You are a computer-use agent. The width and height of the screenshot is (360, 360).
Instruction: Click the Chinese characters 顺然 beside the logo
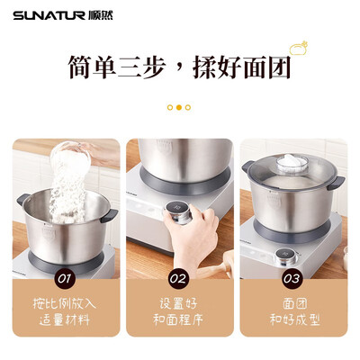(x=102, y=15)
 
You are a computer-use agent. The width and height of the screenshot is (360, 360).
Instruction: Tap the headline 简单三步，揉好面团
(x=179, y=67)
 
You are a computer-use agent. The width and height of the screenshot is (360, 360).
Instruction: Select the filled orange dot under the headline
(x=179, y=107)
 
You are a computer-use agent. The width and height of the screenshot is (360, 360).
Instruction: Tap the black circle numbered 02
(x=179, y=278)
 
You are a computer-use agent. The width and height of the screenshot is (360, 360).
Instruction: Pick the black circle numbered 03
(x=291, y=278)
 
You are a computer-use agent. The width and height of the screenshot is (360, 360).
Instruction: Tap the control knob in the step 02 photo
(x=176, y=217)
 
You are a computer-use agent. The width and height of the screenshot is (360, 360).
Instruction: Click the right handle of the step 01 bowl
(x=110, y=216)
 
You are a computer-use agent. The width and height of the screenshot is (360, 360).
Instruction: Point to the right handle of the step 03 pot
(x=337, y=183)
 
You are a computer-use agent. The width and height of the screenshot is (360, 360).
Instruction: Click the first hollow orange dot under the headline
(x=169, y=107)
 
